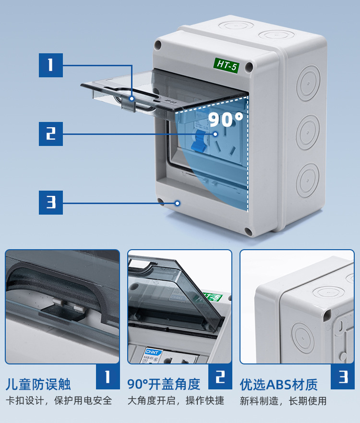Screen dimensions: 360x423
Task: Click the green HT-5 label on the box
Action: [227, 65]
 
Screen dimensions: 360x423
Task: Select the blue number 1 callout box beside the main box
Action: [51, 65]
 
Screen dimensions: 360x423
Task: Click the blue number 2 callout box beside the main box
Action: [51, 133]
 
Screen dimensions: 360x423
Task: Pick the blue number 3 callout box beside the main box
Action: [51, 203]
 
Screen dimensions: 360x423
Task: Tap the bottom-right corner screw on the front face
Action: [248, 232]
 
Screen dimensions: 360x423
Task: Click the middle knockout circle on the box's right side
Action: [308, 132]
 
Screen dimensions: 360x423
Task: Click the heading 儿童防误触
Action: [38, 384]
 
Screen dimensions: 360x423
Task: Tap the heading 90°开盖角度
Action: [164, 384]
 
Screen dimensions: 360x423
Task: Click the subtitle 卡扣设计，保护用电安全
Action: [59, 400]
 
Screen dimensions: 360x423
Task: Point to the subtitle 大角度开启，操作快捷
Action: [176, 400]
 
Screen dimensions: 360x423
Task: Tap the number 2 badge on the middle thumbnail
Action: [220, 377]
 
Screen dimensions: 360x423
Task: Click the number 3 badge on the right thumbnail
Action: [343, 377]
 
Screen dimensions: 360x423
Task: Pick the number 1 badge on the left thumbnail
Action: [108, 377]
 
